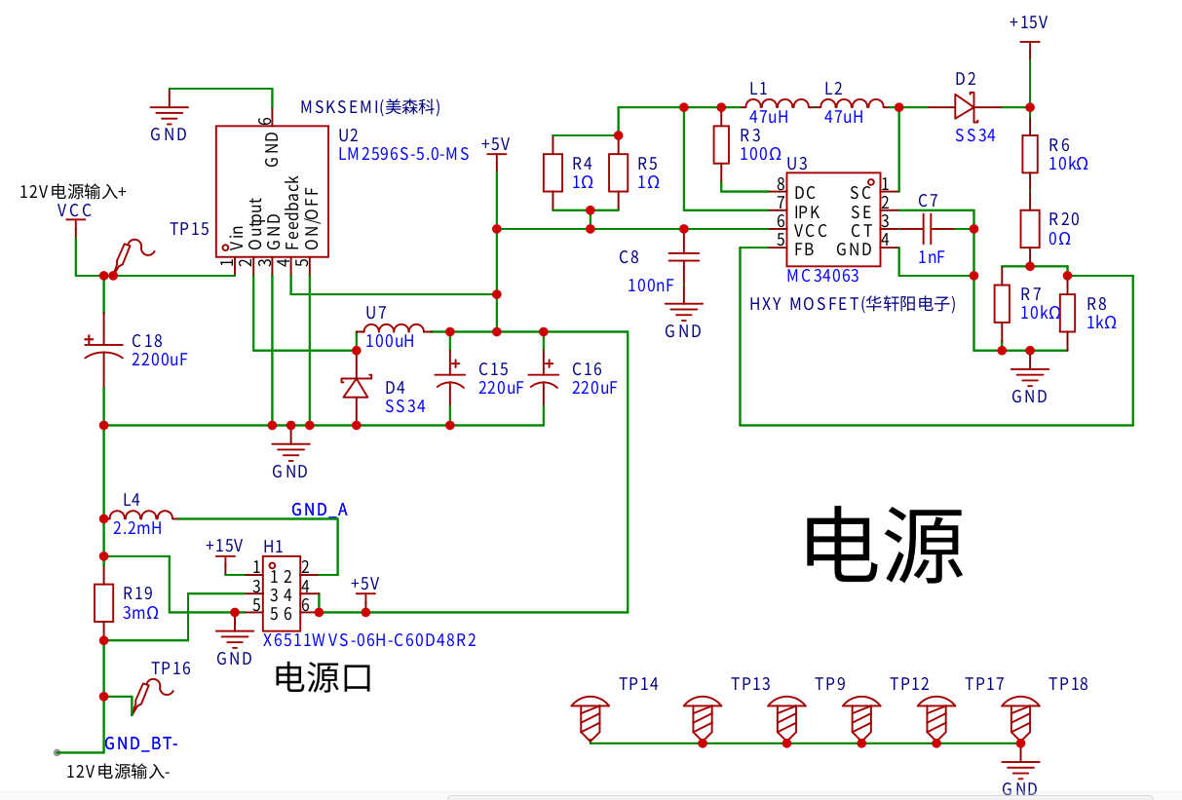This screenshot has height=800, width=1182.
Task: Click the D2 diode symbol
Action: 965,107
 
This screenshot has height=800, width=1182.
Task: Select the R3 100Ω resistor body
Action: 721,144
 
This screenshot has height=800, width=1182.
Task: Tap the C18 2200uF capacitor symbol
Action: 103,350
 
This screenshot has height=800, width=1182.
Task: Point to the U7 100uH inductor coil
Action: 394,328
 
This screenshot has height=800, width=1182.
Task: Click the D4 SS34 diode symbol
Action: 357,388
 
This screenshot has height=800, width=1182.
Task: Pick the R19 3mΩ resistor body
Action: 103,602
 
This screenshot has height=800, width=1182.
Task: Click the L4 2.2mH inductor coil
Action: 141,515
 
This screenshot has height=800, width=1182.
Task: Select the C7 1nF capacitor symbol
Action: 927,229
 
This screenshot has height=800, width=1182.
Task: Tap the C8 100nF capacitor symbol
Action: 683,257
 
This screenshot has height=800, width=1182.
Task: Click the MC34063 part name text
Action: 822,276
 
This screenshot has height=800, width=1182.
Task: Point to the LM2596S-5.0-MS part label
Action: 403,154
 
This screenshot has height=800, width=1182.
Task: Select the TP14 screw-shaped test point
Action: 590,719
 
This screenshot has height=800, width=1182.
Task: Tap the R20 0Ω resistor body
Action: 1030,229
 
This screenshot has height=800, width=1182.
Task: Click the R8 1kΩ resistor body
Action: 1067,313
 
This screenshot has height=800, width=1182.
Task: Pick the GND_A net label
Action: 320,510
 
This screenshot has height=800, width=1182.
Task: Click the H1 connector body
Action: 282,593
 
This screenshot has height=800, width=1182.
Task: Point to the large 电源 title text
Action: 884,545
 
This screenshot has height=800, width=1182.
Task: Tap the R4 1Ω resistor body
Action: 553,172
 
